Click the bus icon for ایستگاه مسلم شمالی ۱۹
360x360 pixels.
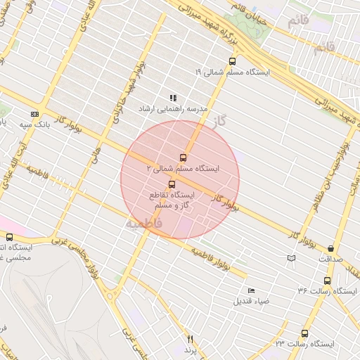click(x=233, y=60)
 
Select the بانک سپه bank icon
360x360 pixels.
click(x=34, y=114)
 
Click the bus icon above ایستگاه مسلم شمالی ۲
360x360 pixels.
click(x=184, y=157)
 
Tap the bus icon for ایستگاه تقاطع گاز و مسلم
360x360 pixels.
click(x=172, y=184)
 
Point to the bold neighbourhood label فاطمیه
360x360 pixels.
click(x=143, y=223)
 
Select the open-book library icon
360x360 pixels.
click(x=291, y=258)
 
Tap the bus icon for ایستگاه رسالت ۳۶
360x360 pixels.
click(x=327, y=281)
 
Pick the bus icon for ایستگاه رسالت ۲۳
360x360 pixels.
click(x=304, y=333)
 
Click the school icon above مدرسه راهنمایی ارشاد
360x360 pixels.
click(x=173, y=98)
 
